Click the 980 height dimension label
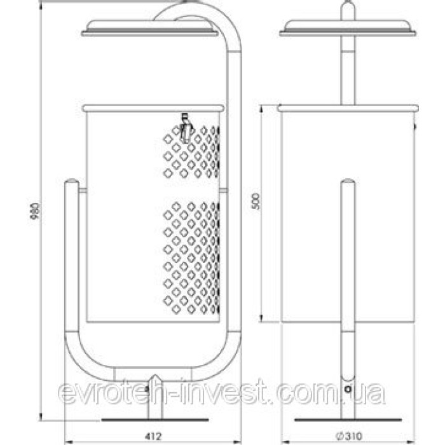(x=35, y=211)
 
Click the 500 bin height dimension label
(x=256, y=201)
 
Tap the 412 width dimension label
(x=153, y=436)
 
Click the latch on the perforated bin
(x=186, y=128)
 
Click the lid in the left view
(x=150, y=28)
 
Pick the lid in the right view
(x=348, y=28)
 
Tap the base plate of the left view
(x=155, y=420)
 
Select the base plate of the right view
(x=348, y=420)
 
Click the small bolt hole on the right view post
(x=348, y=389)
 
